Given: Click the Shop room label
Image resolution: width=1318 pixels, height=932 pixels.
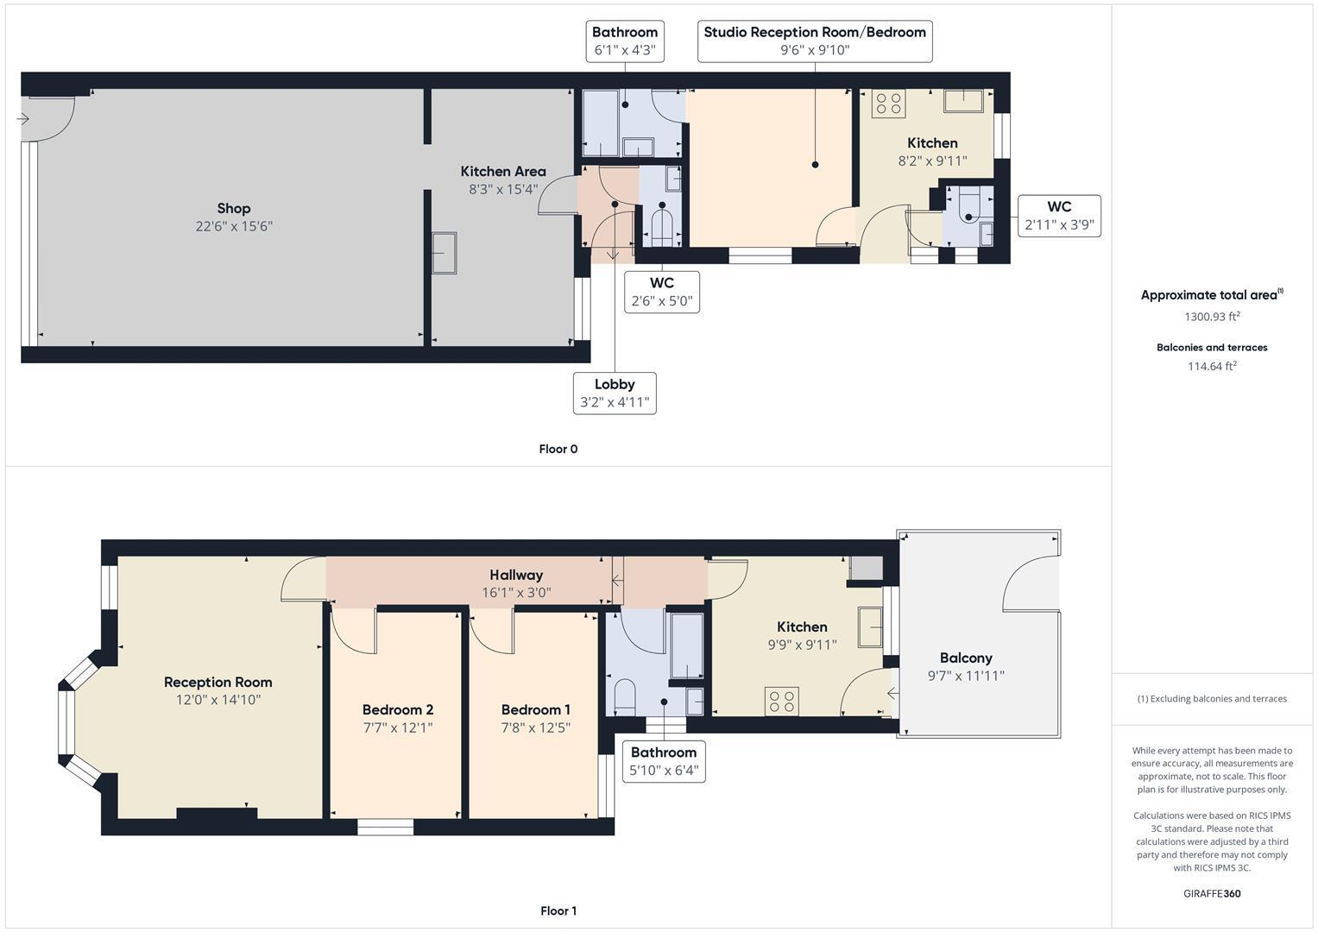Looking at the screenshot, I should (x=234, y=208).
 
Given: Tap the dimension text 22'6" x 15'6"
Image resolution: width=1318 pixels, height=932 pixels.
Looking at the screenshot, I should (x=234, y=227).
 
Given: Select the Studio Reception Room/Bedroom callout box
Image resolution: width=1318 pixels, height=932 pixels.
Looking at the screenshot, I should (x=815, y=41).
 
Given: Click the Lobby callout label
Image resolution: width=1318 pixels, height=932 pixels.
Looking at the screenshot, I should (x=615, y=394).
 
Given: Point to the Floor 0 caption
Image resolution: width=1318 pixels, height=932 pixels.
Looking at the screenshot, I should (x=558, y=449).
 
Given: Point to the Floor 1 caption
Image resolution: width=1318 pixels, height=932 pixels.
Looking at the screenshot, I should (x=558, y=910).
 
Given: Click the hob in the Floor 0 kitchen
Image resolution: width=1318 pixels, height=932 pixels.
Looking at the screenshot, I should (x=888, y=104).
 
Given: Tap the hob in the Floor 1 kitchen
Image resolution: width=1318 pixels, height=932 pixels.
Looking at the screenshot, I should (x=782, y=701).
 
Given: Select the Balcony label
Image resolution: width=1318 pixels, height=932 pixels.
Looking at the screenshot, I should (x=966, y=658).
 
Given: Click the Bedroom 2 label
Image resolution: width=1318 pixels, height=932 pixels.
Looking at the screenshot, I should (x=397, y=709).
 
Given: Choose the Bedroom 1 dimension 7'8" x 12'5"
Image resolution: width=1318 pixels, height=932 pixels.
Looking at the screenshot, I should (x=535, y=727).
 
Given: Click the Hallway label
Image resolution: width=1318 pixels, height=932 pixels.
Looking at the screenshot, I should (x=516, y=575).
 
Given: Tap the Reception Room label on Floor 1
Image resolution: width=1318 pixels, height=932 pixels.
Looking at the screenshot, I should (x=218, y=682).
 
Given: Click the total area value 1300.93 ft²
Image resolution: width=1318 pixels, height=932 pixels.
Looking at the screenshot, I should (x=1212, y=317).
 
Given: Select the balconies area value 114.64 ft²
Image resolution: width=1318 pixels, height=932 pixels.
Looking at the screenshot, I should (x=1212, y=366).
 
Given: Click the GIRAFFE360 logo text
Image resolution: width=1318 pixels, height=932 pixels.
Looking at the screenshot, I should (x=1212, y=893).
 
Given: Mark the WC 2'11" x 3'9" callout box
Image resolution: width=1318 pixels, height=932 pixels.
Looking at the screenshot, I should (x=1059, y=216).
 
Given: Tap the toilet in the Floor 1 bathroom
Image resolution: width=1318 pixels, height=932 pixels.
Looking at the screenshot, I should (x=624, y=696).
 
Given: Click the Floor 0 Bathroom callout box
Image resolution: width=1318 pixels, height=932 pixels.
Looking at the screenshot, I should (x=625, y=41).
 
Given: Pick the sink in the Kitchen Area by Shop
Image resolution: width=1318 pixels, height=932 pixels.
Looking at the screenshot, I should (x=444, y=253).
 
